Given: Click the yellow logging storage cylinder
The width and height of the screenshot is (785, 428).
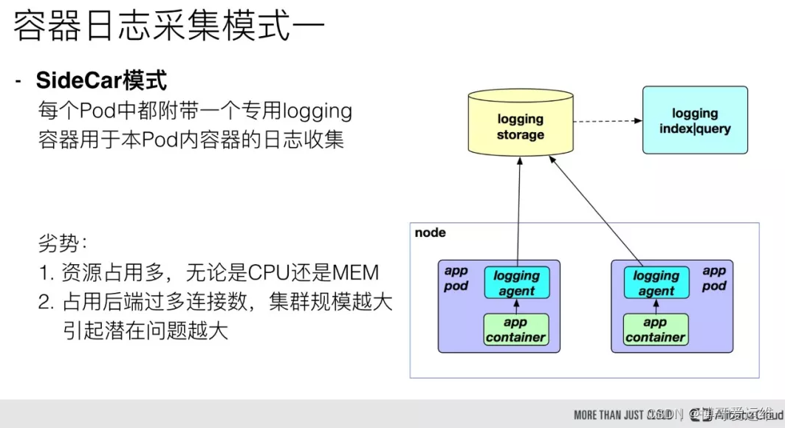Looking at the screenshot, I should [x=520, y=126].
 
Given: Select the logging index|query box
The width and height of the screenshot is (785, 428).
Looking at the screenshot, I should [x=694, y=120].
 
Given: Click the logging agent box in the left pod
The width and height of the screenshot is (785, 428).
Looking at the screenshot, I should [x=516, y=283].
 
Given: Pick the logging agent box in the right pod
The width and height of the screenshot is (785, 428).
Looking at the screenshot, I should [x=656, y=283].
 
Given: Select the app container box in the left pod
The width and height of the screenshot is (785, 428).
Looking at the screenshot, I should [x=515, y=330].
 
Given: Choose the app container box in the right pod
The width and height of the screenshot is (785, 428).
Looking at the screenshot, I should [x=655, y=330].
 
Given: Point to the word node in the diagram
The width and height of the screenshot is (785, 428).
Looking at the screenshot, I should [x=431, y=232].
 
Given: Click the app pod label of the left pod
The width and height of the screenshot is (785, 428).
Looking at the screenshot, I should [x=456, y=278].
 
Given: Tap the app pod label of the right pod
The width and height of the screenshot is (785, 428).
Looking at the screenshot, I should [x=714, y=278].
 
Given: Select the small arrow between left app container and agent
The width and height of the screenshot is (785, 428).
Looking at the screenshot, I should [x=516, y=306].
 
